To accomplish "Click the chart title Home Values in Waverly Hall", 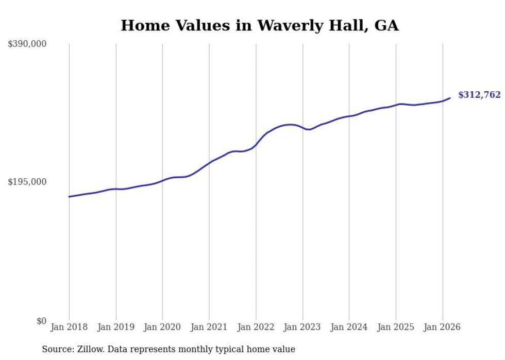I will click(x=259, y=25).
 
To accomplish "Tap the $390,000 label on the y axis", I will click(x=27, y=44).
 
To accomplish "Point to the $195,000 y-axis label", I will click(x=27, y=182).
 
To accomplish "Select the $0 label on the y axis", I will click(x=41, y=321).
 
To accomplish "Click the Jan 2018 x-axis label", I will click(x=69, y=327).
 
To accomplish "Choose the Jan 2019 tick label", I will click(x=116, y=327).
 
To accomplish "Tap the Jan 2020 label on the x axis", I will click(x=162, y=327).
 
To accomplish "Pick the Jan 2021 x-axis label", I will click(x=209, y=327).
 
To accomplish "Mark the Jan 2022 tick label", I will click(x=256, y=327).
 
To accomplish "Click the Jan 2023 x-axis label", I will click(x=302, y=327).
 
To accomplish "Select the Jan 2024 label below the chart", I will click(x=349, y=327).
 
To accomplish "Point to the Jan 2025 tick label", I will click(x=396, y=327).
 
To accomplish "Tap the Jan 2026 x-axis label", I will click(x=442, y=327).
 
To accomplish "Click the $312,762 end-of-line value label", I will click(x=479, y=95).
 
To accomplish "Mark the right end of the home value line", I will click(x=450, y=98).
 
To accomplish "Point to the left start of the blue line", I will click(x=69, y=197).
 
